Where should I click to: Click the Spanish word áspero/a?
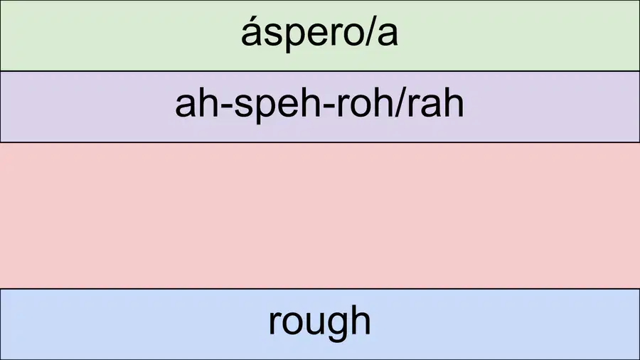click(x=319, y=33)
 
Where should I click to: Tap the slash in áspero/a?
click(x=369, y=33)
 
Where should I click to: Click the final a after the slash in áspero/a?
click(x=388, y=35)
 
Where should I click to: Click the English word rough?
click(x=319, y=323)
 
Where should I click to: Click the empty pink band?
click(x=320, y=216)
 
